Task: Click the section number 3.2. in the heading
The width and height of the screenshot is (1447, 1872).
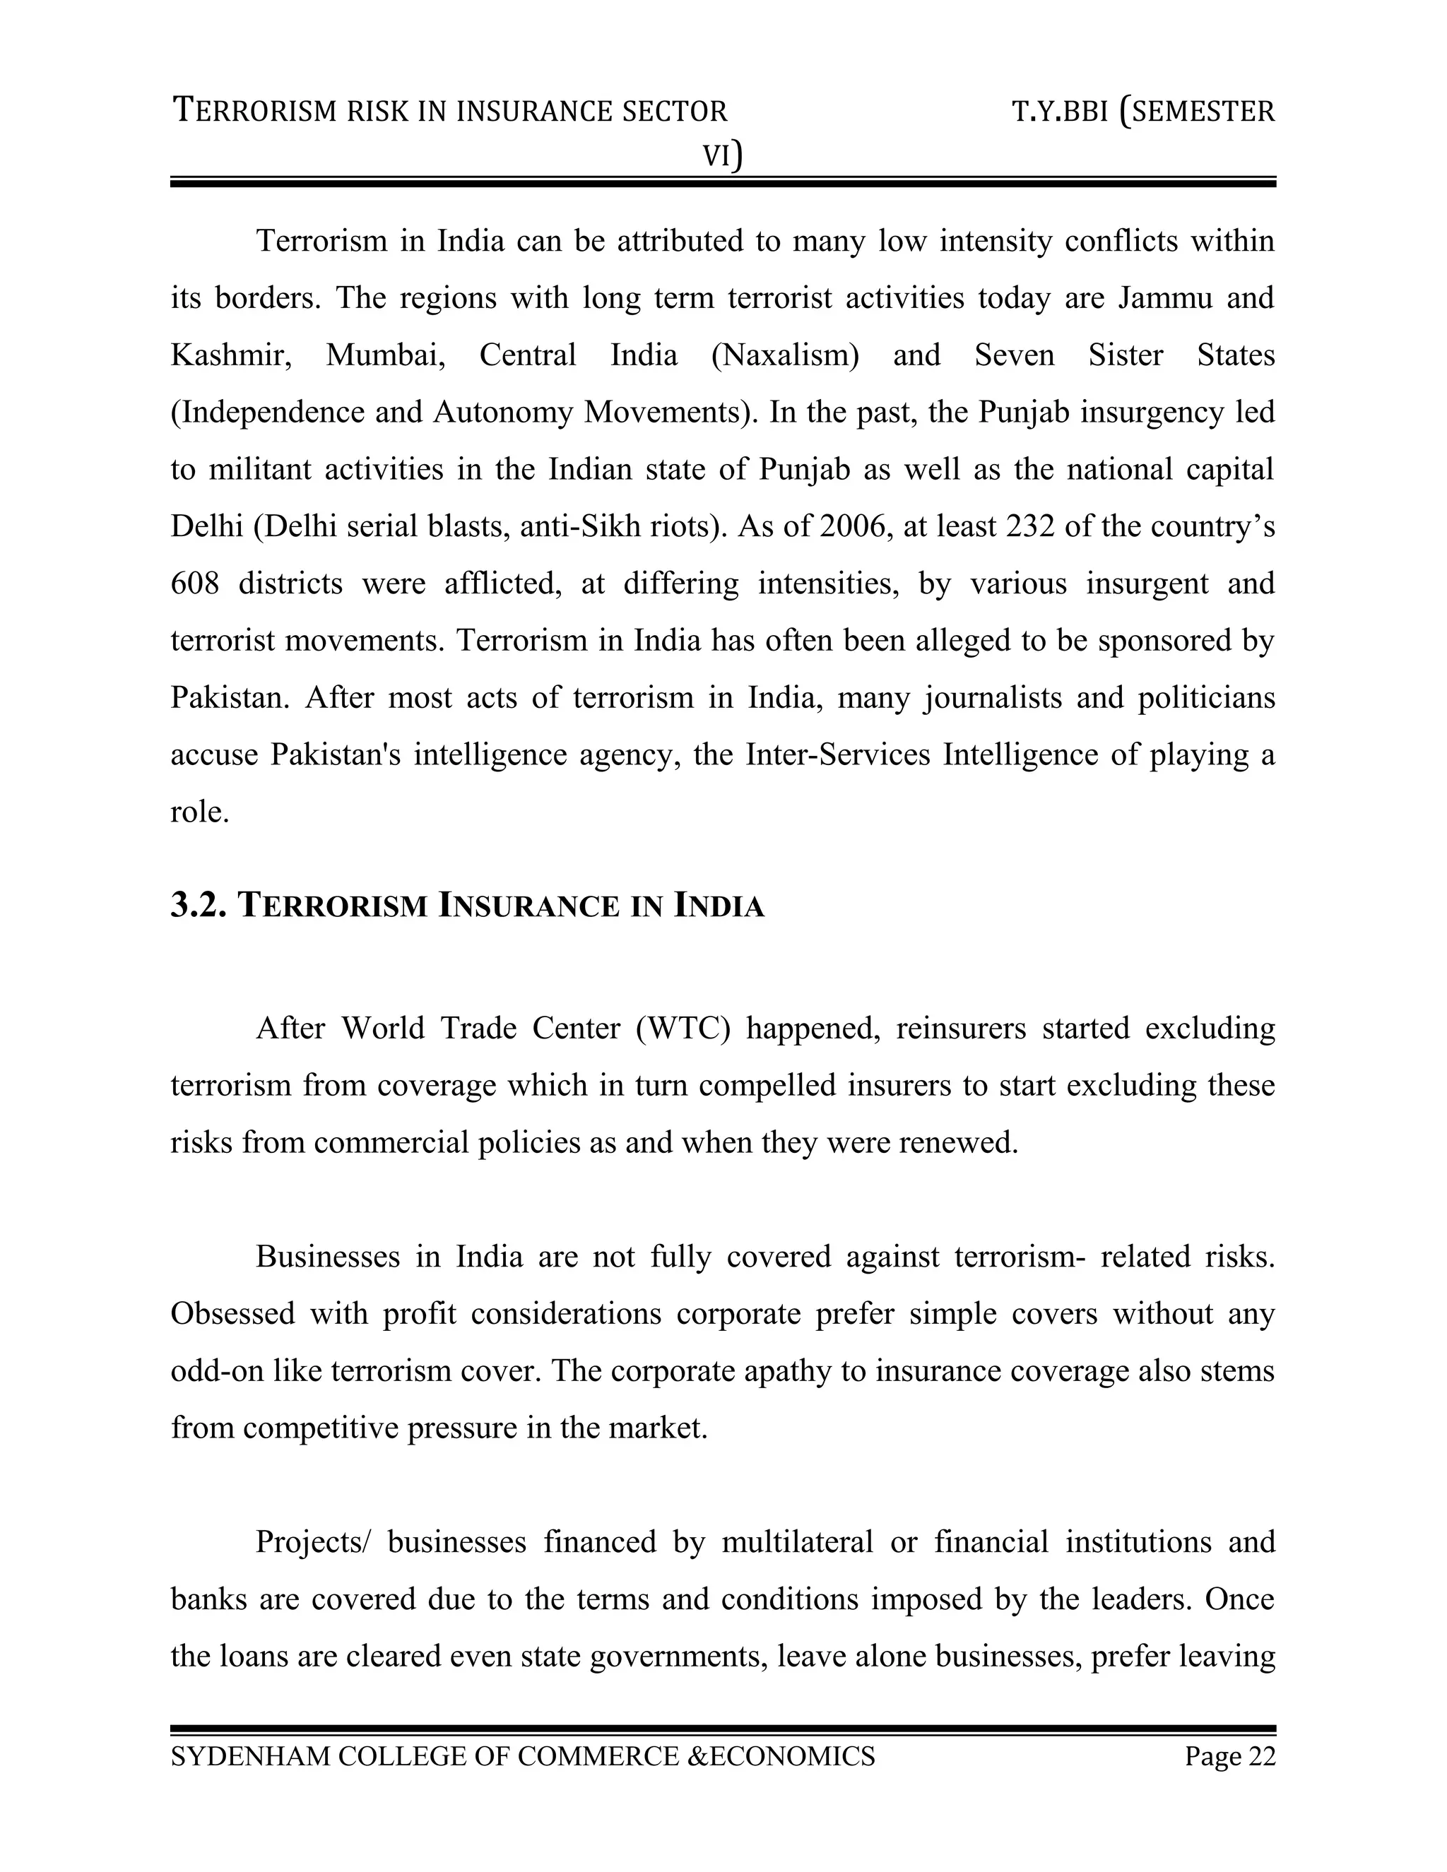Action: (198, 906)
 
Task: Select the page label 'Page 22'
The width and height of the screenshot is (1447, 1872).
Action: (1229, 1756)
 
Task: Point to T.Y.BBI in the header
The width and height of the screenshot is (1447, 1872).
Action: (1060, 112)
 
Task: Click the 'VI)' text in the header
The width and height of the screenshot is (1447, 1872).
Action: (723, 156)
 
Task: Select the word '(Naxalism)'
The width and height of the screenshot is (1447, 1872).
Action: (784, 355)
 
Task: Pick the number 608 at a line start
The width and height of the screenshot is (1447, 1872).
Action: (194, 583)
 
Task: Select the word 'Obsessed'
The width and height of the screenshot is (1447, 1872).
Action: (232, 1313)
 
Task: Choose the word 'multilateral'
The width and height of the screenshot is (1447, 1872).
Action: (796, 1542)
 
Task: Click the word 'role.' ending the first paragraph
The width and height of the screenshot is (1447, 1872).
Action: (199, 812)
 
